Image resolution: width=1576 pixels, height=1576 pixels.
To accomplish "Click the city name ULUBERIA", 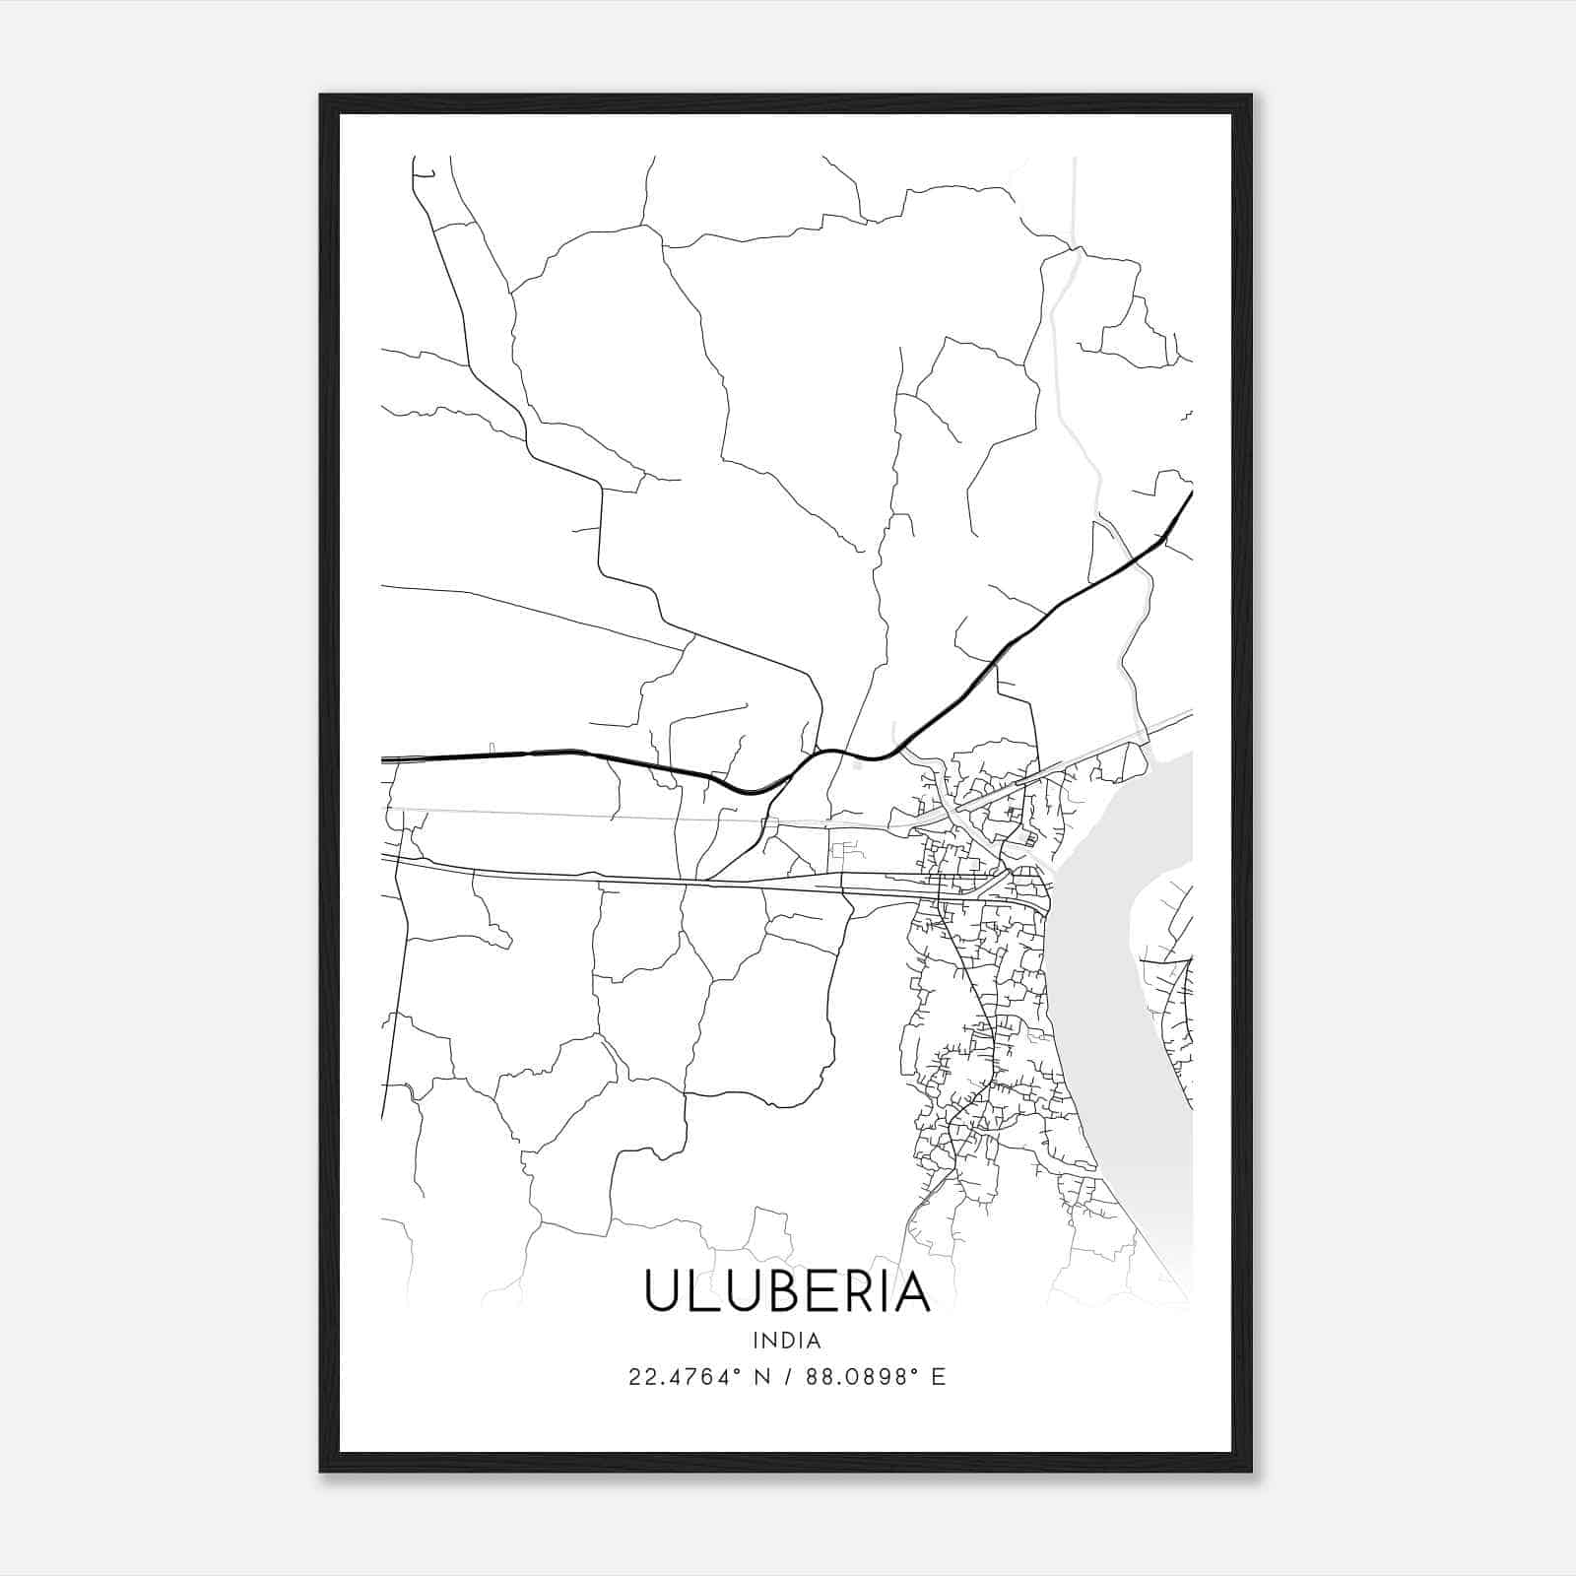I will pos(787,1291).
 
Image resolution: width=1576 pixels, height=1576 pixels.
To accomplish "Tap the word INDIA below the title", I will pos(787,1341).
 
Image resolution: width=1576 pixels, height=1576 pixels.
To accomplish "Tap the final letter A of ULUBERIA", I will pos(911,1291).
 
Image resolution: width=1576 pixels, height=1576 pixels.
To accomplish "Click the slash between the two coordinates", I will pos(788,1377).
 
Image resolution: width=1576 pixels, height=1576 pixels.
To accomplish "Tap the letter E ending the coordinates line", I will pos(939,1377).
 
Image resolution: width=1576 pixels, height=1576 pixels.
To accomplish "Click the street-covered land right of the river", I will pos(1172,985).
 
